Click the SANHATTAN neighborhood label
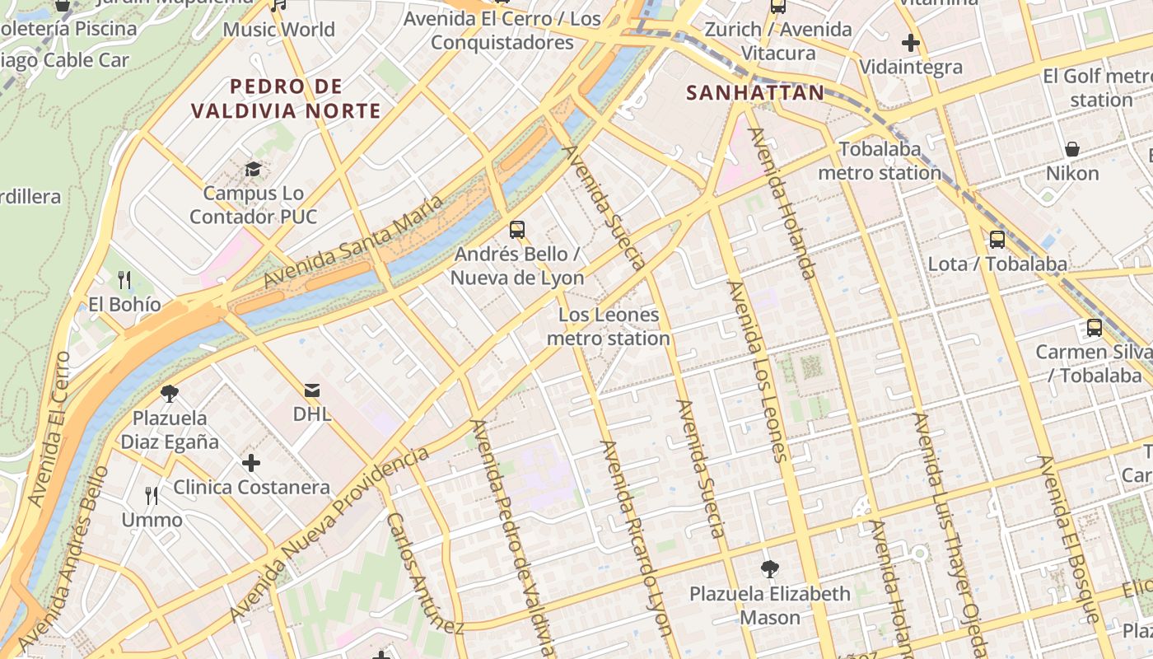[755, 92]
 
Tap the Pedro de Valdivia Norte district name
[286, 98]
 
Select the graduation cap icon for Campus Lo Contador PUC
[253, 170]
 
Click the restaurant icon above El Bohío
[124, 280]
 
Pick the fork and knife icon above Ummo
[152, 495]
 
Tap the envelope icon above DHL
[312, 390]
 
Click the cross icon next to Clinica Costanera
[251, 464]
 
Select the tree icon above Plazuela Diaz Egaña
[170, 393]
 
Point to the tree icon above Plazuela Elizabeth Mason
[769, 568]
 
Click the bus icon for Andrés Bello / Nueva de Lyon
[517, 230]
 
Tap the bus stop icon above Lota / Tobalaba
[997, 240]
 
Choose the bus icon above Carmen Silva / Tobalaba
[1095, 327]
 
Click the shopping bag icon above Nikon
[1072, 149]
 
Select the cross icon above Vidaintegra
[911, 43]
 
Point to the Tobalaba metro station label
[879, 161]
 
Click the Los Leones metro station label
[609, 326]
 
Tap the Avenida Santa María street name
[353, 241]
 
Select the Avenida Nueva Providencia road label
[329, 535]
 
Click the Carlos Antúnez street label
[425, 573]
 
